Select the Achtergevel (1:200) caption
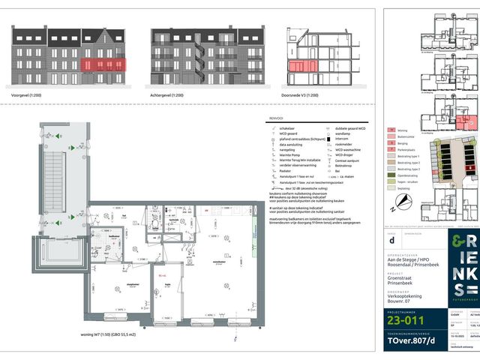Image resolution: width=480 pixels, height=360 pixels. click(169, 95)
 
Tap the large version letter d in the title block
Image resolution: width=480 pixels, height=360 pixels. click(391, 241)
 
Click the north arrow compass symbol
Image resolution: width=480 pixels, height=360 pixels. click(403, 199)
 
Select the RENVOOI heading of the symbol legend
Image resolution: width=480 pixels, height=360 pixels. click(275, 118)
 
